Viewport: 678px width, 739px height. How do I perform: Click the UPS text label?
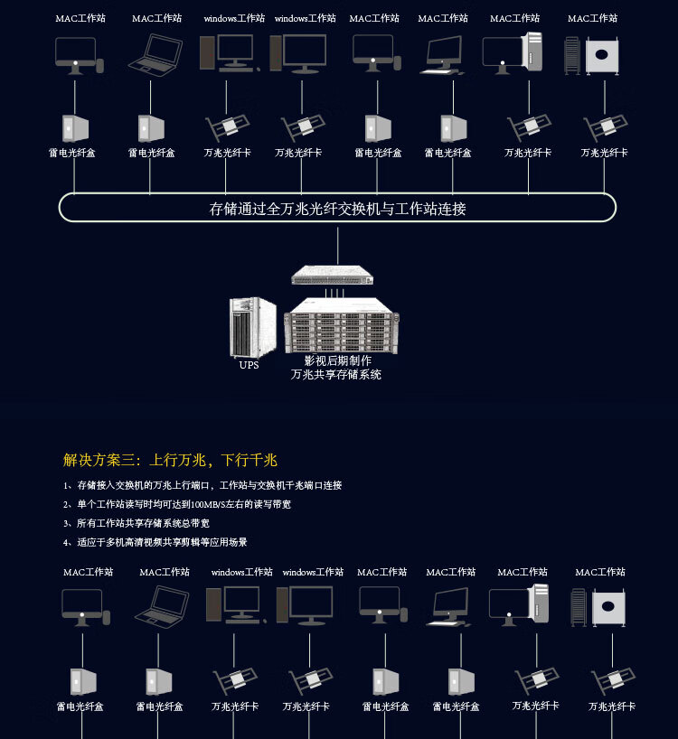[x=249, y=366]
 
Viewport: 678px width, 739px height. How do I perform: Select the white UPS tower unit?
[x=252, y=327]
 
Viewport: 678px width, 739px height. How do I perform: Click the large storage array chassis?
[x=341, y=331]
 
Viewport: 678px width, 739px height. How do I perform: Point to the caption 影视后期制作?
[x=337, y=360]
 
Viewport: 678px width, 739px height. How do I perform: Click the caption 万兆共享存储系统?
[x=336, y=374]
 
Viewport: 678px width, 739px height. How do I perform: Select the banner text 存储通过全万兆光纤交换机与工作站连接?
[x=337, y=209]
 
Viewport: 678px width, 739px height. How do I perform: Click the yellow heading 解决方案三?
[x=99, y=460]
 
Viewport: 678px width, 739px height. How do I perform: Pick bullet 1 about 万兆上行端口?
[x=202, y=485]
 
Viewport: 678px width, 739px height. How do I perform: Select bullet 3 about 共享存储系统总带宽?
[x=137, y=523]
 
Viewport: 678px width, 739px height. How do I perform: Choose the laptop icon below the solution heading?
[x=163, y=606]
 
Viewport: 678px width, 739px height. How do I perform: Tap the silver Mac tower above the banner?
[x=532, y=52]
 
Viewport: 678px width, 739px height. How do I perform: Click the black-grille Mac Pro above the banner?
[x=572, y=55]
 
